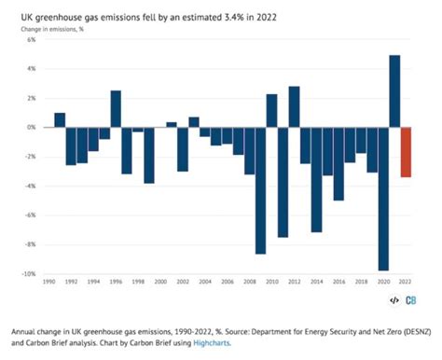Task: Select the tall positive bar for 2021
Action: (x=394, y=91)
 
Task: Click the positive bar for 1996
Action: (x=116, y=109)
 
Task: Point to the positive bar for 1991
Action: (x=60, y=120)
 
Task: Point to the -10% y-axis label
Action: (x=29, y=274)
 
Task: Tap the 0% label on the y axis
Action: (x=31, y=128)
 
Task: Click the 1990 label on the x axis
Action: (x=48, y=282)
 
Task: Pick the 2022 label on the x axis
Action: (x=406, y=282)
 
